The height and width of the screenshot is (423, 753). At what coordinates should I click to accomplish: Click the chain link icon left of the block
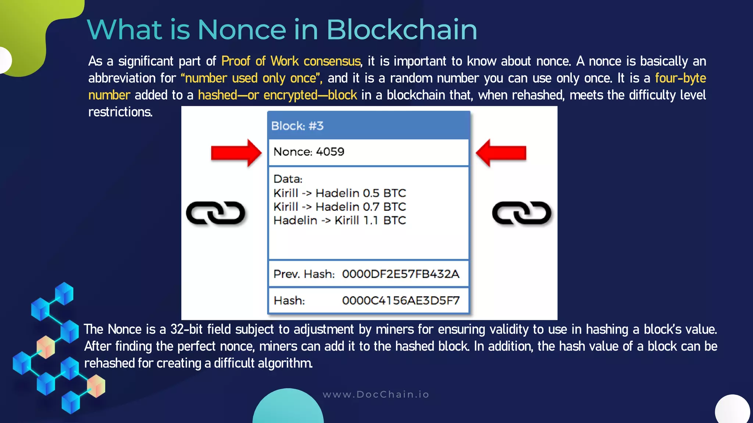215,213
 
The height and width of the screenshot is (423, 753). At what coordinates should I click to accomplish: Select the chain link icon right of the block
521,213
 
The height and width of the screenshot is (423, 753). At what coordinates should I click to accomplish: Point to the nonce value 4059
330,152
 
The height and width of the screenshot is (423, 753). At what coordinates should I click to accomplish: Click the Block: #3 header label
297,126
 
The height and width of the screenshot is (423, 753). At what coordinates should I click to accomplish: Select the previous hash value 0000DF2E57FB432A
400,274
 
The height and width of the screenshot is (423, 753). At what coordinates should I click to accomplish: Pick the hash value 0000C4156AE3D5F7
400,301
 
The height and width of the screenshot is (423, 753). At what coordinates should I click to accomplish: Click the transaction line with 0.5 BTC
340,193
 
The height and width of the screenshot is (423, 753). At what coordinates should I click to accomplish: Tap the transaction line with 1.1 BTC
340,220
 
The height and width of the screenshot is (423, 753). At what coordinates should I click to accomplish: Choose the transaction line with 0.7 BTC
340,207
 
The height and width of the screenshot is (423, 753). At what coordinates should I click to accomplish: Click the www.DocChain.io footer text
376,394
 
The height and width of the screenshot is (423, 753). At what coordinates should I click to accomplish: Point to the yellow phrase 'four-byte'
680,78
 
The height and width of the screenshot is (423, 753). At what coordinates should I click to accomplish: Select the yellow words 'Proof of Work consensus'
291,61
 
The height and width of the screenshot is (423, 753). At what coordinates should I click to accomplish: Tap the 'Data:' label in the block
288,179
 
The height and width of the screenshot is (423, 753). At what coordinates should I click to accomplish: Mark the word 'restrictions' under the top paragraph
120,112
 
